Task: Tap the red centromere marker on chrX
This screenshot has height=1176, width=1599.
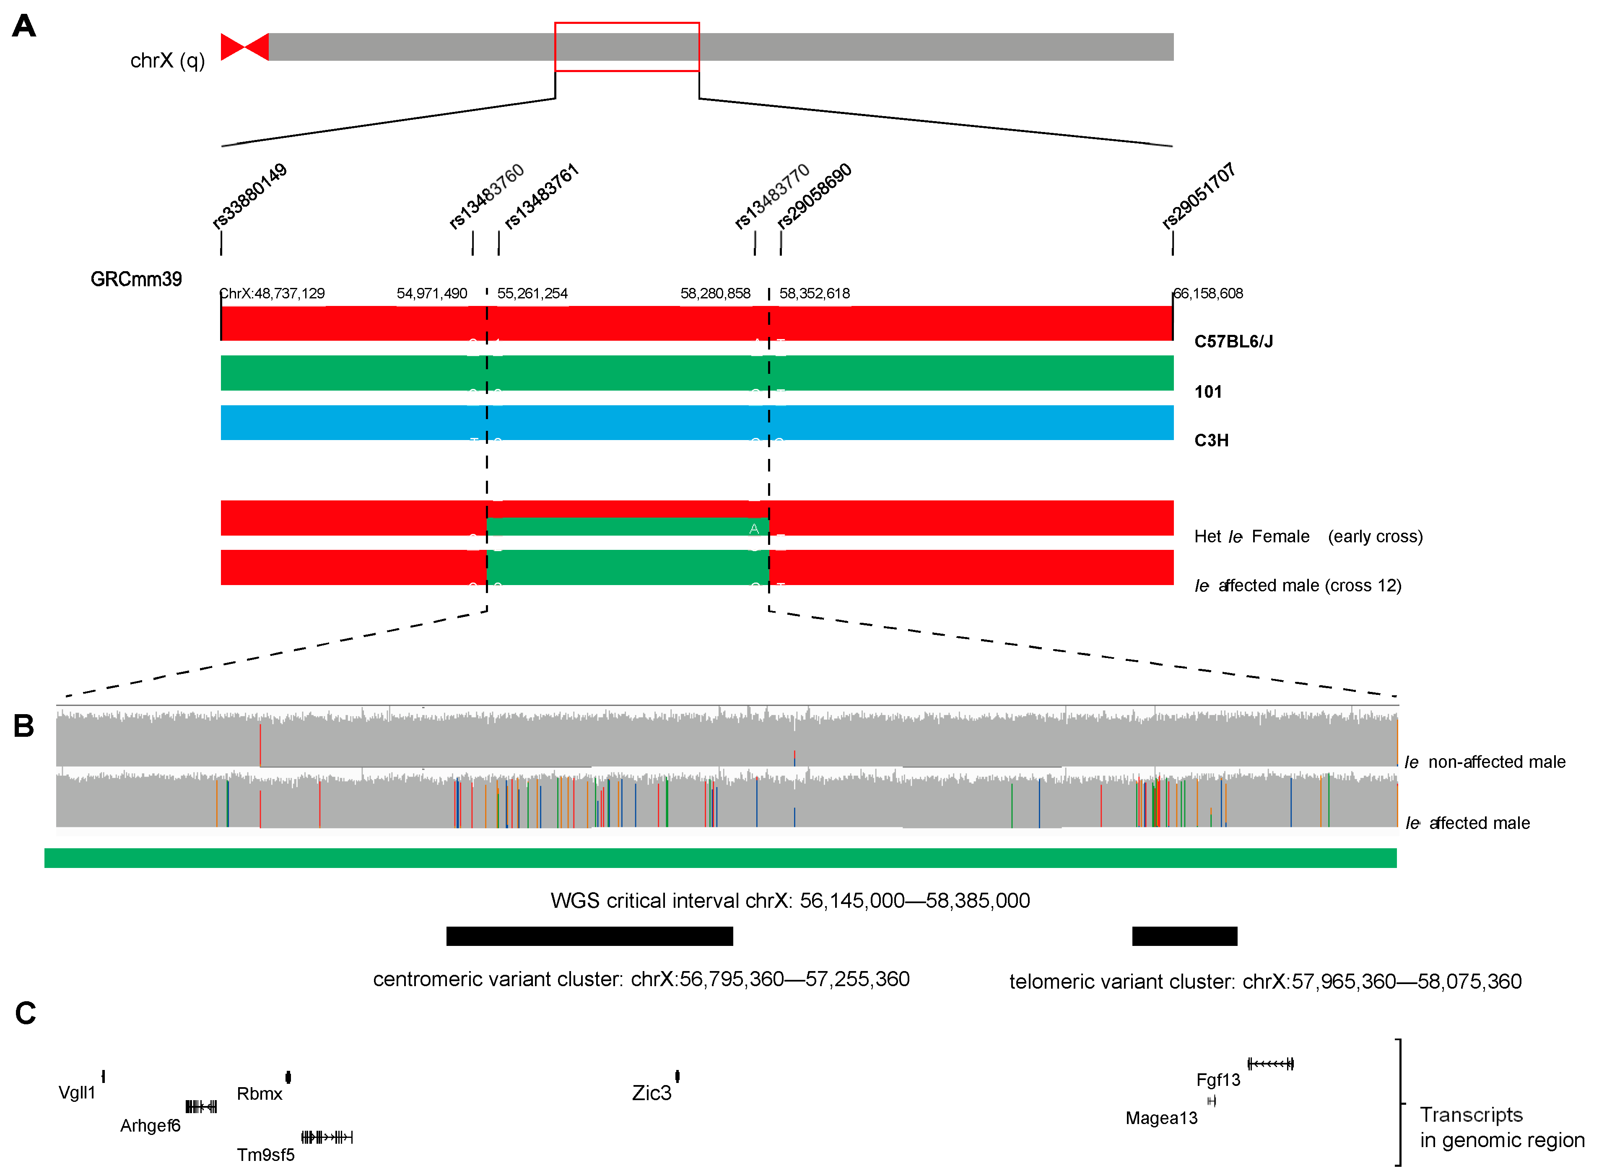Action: coord(244,47)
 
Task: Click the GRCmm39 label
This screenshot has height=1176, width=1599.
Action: coord(136,279)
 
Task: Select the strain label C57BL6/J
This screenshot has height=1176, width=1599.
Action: coord(1233,342)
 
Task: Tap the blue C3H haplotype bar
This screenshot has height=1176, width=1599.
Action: coord(696,423)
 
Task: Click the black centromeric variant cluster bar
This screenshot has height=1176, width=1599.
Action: coord(589,936)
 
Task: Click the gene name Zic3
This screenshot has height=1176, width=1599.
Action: coord(652,1093)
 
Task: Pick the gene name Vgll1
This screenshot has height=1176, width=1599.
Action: coord(77,1093)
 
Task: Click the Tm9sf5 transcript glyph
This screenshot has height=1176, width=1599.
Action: coord(327,1137)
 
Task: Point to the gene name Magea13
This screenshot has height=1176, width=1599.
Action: coord(1161,1118)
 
